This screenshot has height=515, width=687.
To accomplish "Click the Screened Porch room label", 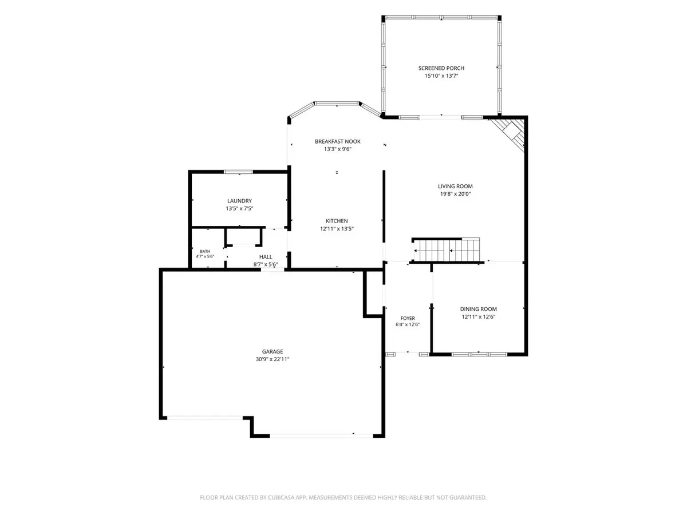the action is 441,68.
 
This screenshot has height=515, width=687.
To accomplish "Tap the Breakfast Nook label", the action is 337,141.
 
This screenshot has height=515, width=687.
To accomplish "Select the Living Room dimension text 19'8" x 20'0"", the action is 455,194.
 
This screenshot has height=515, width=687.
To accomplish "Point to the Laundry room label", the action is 239,201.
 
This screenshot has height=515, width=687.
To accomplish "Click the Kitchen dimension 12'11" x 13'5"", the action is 337,228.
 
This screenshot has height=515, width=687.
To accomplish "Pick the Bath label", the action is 205,251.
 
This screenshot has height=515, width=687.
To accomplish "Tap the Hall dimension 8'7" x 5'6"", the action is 266,264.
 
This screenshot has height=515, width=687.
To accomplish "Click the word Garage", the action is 273,351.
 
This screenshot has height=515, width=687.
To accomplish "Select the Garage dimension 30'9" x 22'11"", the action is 273,359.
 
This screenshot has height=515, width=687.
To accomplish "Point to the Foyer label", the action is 408,318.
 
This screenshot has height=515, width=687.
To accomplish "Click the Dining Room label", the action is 478,309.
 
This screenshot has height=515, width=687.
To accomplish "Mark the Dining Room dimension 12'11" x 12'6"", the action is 478,317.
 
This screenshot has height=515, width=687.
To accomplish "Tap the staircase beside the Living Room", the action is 446,250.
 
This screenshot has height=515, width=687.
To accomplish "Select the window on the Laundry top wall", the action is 238,172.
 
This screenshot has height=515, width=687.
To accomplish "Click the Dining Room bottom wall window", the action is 479,354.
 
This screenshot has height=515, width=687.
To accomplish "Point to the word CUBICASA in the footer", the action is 281,497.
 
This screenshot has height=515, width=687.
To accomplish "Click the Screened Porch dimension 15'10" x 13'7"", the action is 441,76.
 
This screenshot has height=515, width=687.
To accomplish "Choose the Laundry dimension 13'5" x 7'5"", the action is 239,208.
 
